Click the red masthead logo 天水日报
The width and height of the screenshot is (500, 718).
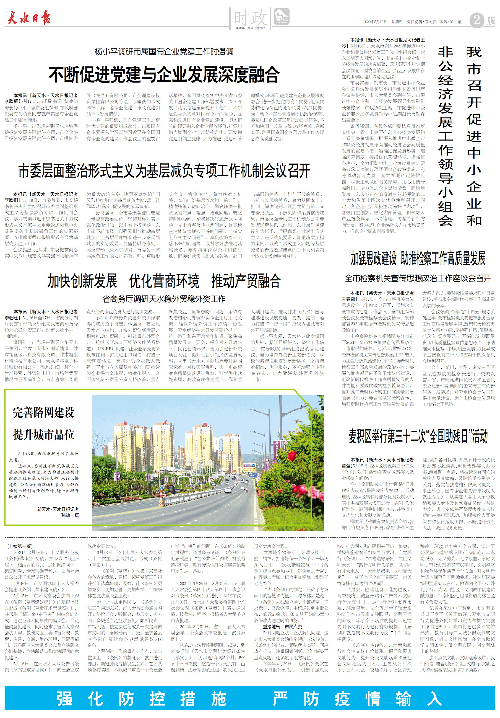[29, 17]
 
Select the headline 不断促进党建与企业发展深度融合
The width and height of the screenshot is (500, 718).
[164, 74]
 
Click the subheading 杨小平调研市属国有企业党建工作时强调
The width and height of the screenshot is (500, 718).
[164, 51]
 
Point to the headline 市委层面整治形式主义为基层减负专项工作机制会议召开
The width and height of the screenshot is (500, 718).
[164, 171]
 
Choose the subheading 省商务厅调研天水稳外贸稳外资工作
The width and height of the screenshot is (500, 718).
[164, 299]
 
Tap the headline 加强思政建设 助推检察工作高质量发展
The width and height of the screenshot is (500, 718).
[418, 258]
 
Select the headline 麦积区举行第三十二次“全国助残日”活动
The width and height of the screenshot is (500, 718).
[418, 436]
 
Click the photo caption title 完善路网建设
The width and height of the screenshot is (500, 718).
[43, 412]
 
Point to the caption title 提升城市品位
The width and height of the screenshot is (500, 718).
[43, 435]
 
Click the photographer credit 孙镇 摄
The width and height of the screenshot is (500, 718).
[70, 515]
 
